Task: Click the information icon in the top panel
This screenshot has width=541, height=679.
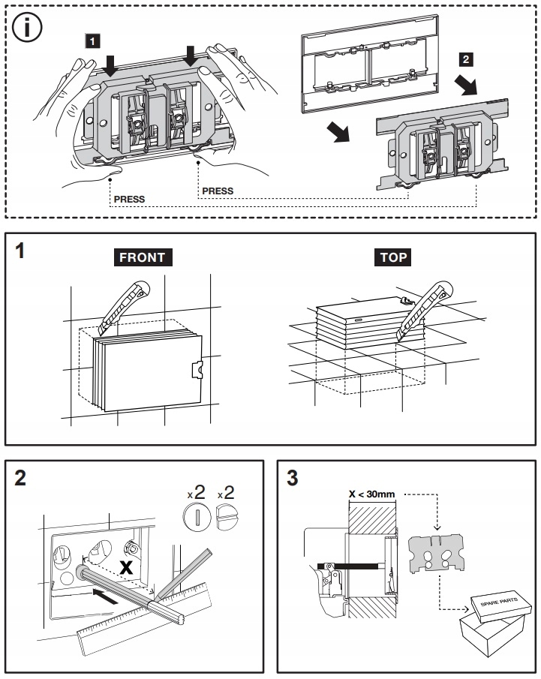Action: pos(27,27)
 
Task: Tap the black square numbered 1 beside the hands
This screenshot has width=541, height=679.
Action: pos(92,41)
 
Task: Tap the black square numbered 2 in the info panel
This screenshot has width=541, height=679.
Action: pos(466,59)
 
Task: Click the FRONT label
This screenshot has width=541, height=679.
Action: pos(143,257)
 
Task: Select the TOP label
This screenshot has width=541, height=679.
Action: pos(393,257)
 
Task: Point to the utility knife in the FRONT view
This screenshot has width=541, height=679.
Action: pos(125,307)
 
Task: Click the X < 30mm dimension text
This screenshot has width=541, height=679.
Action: pos(371,494)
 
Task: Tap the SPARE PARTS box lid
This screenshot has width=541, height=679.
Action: pos(500,604)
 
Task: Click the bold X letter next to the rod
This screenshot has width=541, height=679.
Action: pos(126,567)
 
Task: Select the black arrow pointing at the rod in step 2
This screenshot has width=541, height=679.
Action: pos(105,595)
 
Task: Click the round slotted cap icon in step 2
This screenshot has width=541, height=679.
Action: pos(197,517)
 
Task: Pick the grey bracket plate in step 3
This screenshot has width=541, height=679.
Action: pos(437,553)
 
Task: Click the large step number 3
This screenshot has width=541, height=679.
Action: pos(293,478)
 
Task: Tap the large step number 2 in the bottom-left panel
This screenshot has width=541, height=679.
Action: pos(20,478)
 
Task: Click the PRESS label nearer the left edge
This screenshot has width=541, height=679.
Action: pos(129,199)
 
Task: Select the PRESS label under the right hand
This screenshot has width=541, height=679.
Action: pos(218,191)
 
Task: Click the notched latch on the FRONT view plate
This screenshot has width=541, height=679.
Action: pos(197,369)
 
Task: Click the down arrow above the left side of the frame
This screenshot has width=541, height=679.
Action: pos(111,65)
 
